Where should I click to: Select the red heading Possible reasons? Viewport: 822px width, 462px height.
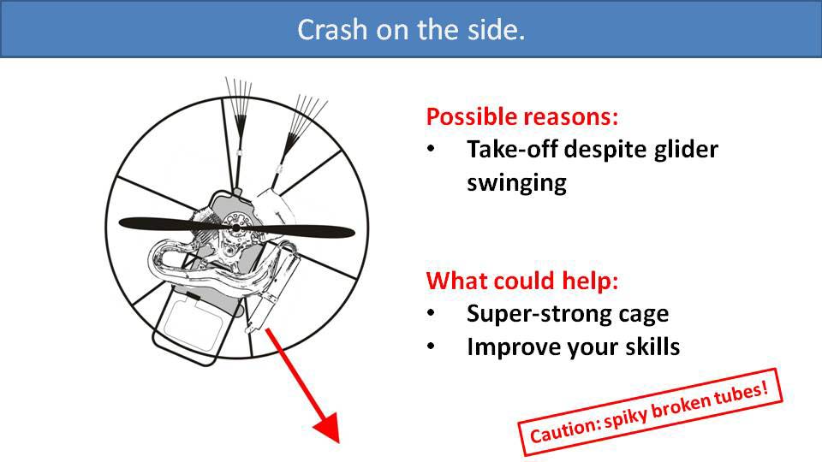[522, 116]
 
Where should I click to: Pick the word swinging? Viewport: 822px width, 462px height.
[516, 182]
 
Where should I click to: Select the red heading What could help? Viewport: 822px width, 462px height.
[522, 281]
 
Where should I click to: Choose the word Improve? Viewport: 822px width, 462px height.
[506, 347]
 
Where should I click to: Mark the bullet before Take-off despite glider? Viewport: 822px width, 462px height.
[432, 150]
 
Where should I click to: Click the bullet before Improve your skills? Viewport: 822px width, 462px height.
[432, 346]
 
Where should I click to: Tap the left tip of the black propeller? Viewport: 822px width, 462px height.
[124, 224]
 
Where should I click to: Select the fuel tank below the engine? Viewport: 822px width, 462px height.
[193, 325]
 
